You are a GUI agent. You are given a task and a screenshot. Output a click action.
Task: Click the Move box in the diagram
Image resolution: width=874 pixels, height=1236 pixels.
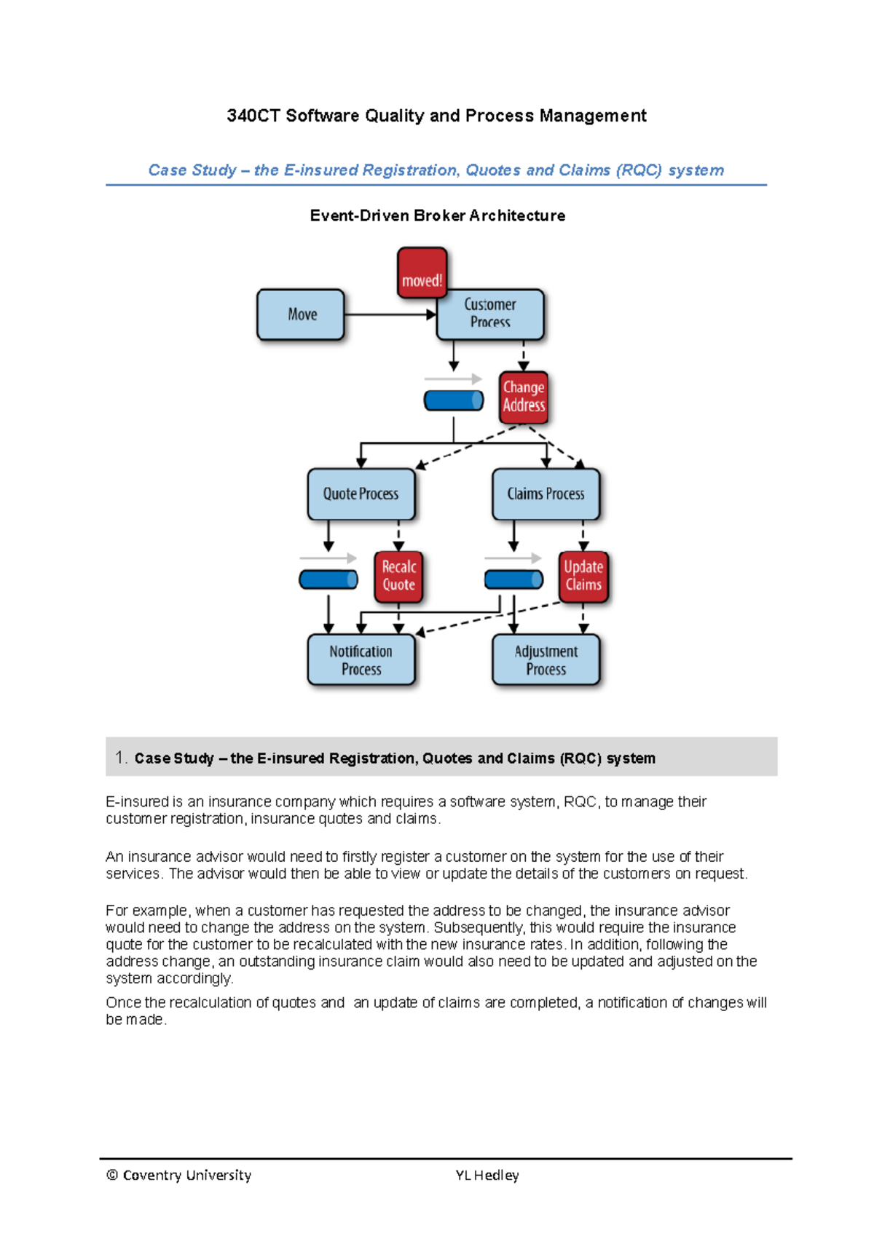click(301, 314)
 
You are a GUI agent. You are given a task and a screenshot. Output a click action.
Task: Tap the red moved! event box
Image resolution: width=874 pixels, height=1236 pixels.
click(422, 274)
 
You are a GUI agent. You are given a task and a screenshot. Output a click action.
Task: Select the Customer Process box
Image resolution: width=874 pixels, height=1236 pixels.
click(490, 314)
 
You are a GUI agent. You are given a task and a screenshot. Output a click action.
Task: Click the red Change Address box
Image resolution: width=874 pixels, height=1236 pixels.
click(524, 397)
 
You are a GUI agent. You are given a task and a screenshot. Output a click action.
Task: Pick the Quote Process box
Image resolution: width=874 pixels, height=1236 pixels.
click(361, 494)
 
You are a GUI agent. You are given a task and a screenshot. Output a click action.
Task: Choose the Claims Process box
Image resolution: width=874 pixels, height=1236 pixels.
click(546, 494)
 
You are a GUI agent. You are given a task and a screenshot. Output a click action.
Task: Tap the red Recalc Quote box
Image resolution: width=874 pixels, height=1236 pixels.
click(398, 577)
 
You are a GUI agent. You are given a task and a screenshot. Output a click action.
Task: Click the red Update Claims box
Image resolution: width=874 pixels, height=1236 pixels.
click(583, 577)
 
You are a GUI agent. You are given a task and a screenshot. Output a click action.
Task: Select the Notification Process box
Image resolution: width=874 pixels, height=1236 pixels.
click(361, 660)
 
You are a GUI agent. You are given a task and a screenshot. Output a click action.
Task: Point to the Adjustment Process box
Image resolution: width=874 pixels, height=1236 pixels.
click(546, 660)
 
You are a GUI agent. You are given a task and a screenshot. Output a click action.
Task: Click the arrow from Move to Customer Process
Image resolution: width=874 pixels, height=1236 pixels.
click(390, 314)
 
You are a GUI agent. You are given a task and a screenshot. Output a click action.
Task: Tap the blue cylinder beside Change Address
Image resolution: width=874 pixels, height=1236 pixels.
click(454, 400)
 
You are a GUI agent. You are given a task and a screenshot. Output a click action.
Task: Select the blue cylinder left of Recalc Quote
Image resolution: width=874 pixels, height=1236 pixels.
click(328, 579)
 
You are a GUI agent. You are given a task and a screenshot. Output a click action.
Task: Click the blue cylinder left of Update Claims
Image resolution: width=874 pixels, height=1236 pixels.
click(513, 579)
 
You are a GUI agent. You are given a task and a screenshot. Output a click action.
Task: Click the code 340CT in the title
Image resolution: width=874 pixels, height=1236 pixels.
click(253, 116)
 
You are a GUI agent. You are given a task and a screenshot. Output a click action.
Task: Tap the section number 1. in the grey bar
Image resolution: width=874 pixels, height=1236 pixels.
click(121, 758)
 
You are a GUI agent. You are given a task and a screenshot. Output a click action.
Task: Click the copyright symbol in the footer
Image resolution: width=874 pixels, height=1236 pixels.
click(112, 1175)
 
